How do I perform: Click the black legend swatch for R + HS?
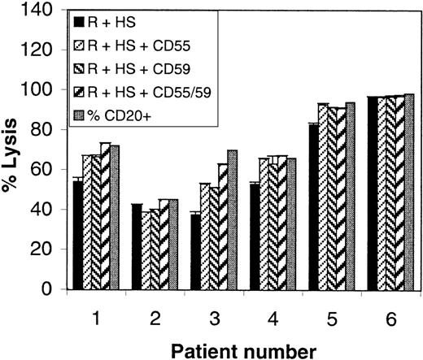pyautogui.click(x=79, y=19)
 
